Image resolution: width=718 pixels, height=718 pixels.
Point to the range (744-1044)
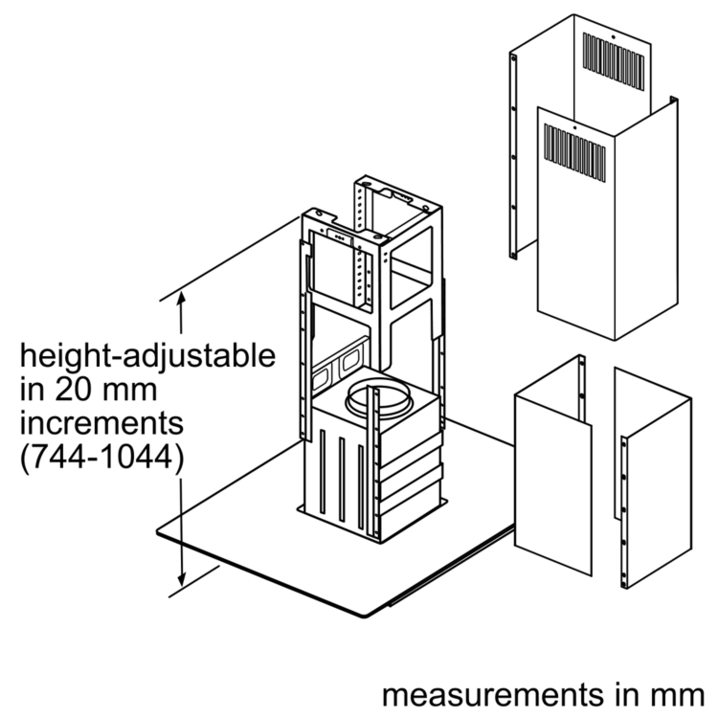click(101, 456)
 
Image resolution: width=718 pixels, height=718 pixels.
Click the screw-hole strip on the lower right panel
click(625, 512)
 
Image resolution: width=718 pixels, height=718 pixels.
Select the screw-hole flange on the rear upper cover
click(514, 153)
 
